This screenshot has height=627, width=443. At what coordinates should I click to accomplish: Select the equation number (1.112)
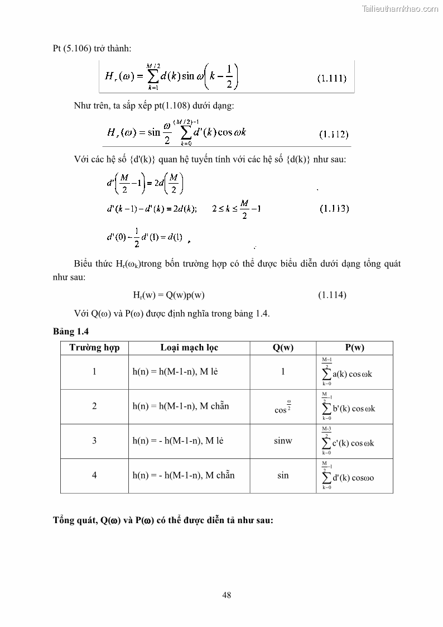334,134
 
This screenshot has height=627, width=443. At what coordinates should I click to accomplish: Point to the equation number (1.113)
334,209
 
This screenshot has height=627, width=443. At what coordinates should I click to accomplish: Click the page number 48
227,595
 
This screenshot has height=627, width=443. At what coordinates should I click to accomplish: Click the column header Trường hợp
94,348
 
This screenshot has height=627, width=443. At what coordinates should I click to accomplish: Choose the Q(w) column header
283,348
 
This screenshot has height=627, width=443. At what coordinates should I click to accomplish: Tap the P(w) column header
354,348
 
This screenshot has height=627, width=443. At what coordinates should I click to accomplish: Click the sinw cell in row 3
283,441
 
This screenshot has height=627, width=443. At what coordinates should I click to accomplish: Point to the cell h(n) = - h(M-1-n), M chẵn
183,475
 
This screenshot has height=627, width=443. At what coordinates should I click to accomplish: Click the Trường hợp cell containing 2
94,406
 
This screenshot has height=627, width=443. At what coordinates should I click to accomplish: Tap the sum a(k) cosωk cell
347,372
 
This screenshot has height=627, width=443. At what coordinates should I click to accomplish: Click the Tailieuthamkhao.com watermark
400,8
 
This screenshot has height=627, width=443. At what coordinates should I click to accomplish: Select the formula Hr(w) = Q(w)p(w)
172,295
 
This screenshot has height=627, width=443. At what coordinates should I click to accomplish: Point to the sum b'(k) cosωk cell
349,407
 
